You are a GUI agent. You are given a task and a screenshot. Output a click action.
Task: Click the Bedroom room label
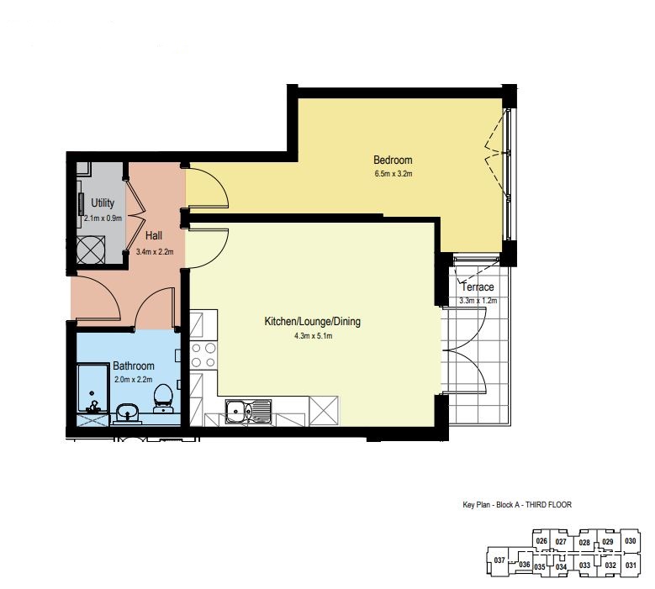point(393,160)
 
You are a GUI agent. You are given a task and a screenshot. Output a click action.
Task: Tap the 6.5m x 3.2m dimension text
point(393,174)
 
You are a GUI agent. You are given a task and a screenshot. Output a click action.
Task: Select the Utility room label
point(103,202)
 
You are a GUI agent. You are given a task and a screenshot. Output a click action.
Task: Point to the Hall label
point(154,235)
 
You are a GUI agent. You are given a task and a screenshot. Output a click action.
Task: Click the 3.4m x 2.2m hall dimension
point(155,252)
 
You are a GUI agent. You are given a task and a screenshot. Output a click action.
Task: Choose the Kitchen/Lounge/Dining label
point(313,322)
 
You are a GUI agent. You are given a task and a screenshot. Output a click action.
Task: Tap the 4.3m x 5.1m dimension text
point(314,335)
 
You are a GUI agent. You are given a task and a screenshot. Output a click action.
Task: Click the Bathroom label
point(134,366)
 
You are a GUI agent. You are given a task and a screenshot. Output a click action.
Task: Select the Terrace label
point(478,287)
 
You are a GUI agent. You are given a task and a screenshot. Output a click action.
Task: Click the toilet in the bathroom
point(163,398)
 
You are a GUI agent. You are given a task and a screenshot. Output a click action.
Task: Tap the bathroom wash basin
point(127,413)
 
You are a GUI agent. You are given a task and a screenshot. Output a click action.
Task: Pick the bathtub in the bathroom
point(92,389)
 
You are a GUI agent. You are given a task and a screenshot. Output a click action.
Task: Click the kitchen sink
point(249,412)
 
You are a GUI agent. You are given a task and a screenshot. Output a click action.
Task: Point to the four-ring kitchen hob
point(203,355)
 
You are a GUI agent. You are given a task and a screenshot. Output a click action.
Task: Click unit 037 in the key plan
point(499,560)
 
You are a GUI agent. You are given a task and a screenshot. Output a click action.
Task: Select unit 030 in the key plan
point(631,541)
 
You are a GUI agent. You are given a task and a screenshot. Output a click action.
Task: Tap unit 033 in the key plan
point(585,565)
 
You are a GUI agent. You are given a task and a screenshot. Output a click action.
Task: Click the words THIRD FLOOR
point(548,505)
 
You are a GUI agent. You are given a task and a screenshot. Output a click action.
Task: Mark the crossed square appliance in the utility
point(91,250)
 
